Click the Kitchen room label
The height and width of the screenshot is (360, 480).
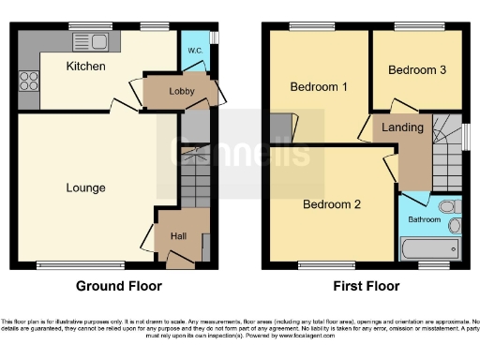pos(85,67)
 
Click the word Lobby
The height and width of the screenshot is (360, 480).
pos(181,91)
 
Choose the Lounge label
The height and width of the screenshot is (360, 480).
pos(85,187)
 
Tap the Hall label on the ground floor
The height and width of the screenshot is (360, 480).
pos(178,235)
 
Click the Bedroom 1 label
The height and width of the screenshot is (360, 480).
pos(319,87)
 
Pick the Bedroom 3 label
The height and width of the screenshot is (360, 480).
pos(416,69)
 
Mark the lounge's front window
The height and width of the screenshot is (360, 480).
pos(71,264)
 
